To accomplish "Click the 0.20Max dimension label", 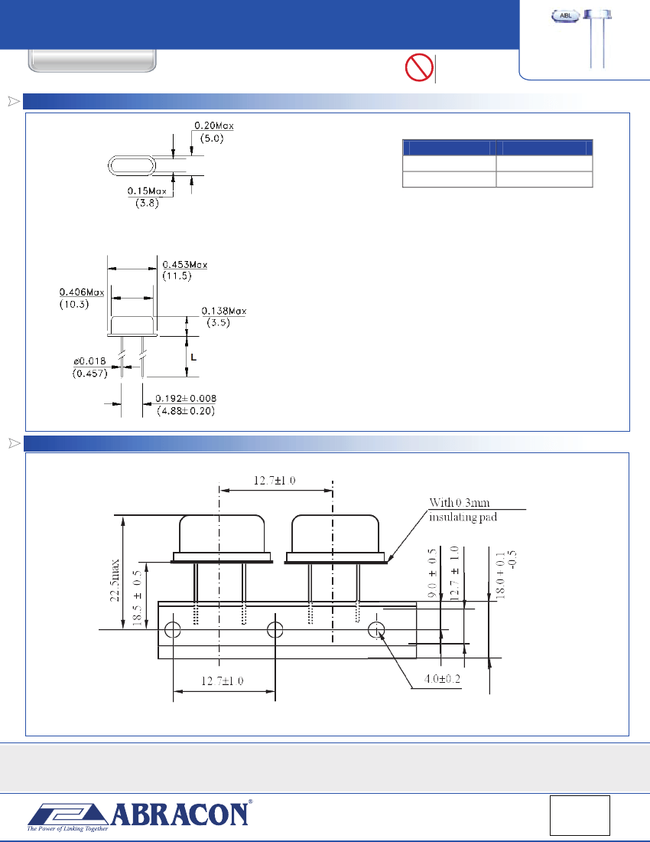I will coord(213,126).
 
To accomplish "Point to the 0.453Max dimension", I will coord(185,265).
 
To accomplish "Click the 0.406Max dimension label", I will coord(83,292).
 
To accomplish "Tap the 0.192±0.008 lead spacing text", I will coord(185,399).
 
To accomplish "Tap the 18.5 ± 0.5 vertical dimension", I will coord(137,599).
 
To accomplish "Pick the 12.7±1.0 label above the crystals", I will coord(275,481).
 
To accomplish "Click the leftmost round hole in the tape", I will coord(173,629).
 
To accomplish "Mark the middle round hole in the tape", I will coord(275,629).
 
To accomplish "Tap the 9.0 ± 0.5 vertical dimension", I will coord(432,572).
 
